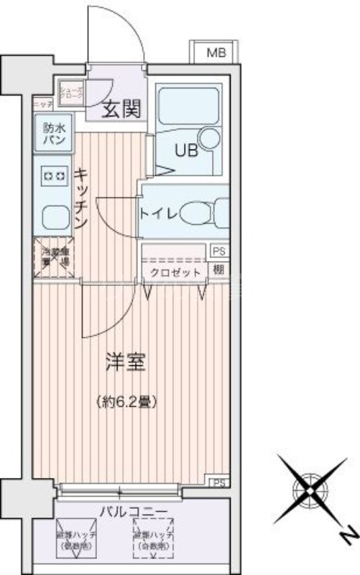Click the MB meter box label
[x=215, y=52]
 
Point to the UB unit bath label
[x=188, y=152]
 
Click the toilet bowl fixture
[x=198, y=213]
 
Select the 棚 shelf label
[x=218, y=271]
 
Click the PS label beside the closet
[x=218, y=251]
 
